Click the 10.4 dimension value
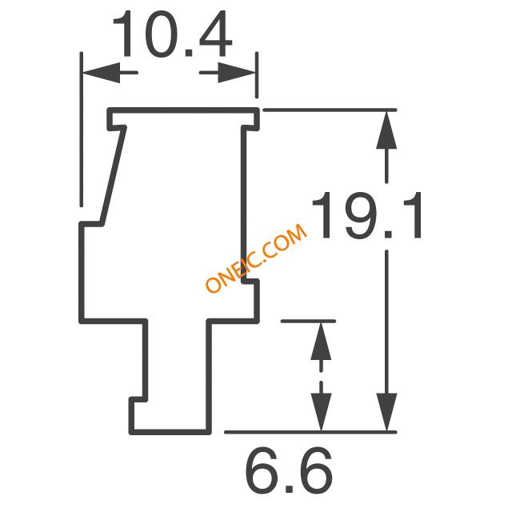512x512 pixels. [x=172, y=34]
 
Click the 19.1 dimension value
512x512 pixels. [x=367, y=215]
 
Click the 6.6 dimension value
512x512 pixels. [x=289, y=471]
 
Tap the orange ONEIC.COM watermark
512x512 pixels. [x=256, y=258]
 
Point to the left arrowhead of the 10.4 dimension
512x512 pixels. [x=102, y=73]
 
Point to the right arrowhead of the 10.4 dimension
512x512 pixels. [x=237, y=73]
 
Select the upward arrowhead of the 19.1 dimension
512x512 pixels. [x=386, y=130]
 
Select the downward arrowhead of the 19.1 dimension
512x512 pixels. [x=386, y=412]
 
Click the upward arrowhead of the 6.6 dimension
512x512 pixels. [x=321, y=342]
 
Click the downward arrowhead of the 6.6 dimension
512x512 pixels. [x=321, y=412]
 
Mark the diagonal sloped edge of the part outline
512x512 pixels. [x=114, y=176]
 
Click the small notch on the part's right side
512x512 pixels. [x=250, y=282]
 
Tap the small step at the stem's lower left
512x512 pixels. [x=138, y=400]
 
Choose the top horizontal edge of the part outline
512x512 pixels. [x=183, y=110]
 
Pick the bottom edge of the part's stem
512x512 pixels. [x=170, y=432]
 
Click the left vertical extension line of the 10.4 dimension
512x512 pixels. [x=82, y=130]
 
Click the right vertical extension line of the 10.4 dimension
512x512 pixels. [x=257, y=74]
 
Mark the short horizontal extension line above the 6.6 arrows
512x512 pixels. [x=308, y=322]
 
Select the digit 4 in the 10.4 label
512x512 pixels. [x=215, y=34]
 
